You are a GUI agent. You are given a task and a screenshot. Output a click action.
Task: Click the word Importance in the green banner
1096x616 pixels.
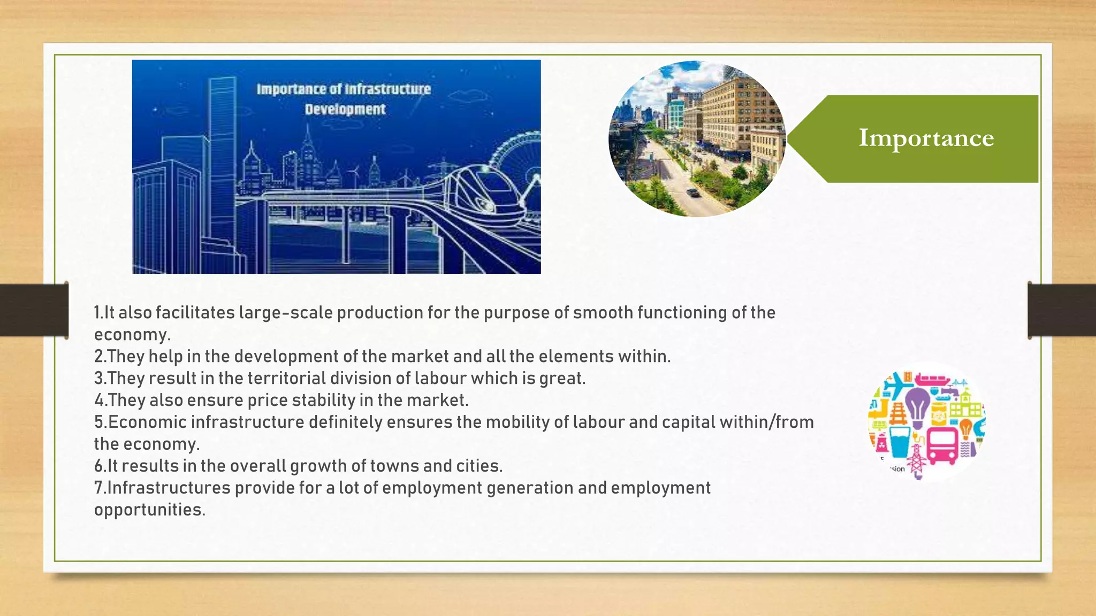coord(926,138)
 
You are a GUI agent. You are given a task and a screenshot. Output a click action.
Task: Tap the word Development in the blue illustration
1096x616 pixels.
coord(345,109)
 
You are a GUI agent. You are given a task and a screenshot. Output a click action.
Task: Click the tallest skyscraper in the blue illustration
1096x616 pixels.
coord(222,160)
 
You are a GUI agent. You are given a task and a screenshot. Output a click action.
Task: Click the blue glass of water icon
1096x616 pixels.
coord(900,441)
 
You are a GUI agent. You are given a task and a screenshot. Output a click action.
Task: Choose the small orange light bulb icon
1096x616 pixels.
coord(965,428)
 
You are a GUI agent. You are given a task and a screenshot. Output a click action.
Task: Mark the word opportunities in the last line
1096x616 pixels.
coord(149,510)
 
